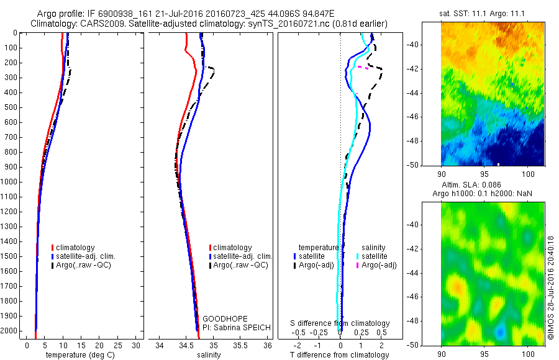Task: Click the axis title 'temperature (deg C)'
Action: coord(78,355)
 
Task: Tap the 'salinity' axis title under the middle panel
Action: coord(209,355)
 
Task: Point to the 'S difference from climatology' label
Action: coord(340,323)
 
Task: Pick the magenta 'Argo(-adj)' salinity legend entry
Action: coord(379,266)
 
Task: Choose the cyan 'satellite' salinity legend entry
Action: coord(375,256)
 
